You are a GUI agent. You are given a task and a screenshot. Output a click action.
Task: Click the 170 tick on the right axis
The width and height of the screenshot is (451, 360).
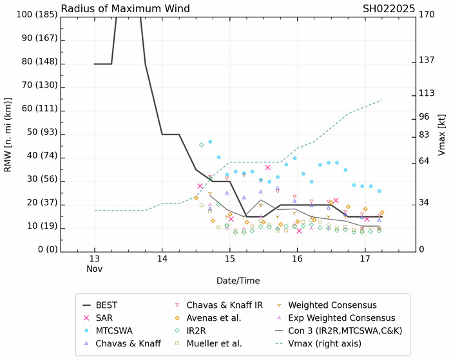(x=426, y=14)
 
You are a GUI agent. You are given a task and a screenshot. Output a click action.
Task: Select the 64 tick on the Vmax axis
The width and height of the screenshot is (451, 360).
(x=423, y=160)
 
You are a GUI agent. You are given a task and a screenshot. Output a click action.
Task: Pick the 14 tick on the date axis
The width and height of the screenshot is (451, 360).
(x=162, y=259)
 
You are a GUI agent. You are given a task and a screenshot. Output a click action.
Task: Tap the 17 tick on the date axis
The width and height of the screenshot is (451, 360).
(x=364, y=259)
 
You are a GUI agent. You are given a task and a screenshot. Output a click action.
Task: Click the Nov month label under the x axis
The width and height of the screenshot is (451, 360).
(x=95, y=269)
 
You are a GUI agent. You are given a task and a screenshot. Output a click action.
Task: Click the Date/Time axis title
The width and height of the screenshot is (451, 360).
(x=238, y=281)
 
